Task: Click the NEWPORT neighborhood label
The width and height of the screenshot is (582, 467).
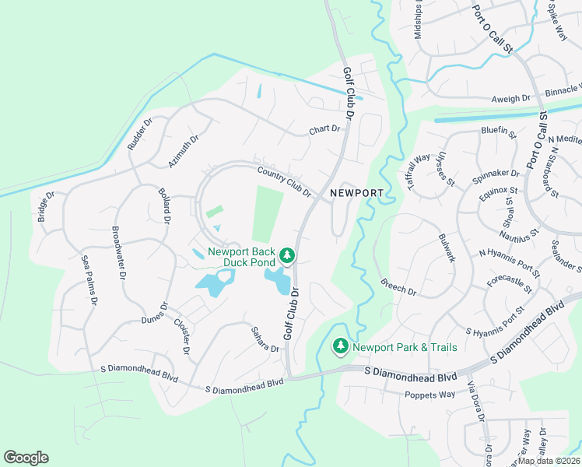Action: (x=356, y=192)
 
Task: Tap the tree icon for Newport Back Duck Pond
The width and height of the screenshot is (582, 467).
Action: (x=287, y=255)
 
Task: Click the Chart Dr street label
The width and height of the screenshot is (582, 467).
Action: (x=325, y=129)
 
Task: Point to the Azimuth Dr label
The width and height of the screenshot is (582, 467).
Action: (x=184, y=151)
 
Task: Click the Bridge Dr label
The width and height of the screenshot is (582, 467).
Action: (x=45, y=206)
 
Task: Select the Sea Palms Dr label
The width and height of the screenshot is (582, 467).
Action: (x=89, y=279)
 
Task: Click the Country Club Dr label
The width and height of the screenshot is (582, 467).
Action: (x=284, y=181)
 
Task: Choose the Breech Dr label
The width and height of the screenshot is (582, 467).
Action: (x=398, y=287)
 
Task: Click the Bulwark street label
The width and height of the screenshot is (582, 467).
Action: (x=446, y=248)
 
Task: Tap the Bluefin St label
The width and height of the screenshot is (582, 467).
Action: (x=499, y=132)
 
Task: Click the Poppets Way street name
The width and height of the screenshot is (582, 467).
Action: (x=429, y=395)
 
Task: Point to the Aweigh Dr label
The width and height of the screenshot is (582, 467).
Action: (x=510, y=99)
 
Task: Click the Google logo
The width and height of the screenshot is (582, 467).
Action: (x=26, y=458)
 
